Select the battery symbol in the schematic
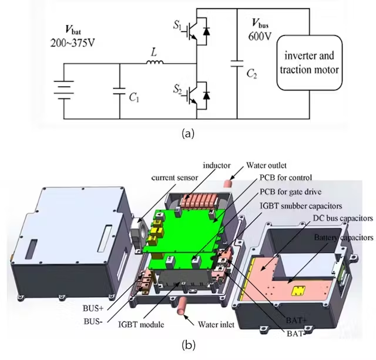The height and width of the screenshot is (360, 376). pos(64,92)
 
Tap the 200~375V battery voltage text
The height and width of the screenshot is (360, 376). pos(75,42)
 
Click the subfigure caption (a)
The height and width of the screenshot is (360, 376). pos(187,133)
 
